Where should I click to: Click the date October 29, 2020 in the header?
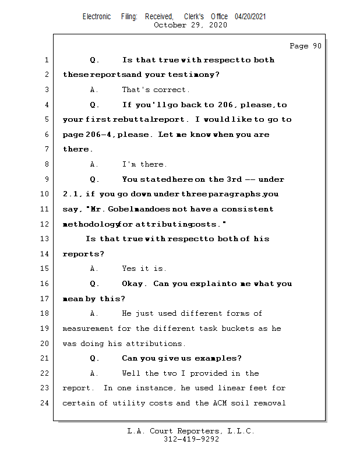190,25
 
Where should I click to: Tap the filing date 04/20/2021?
250,17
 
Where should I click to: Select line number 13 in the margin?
45,239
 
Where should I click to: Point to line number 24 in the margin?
45,403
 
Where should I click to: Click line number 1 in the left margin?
47,60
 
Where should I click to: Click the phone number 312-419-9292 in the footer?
191,439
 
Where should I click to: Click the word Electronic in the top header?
96,17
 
